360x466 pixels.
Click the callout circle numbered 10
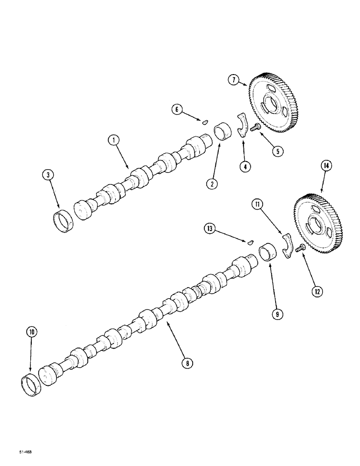[x=31, y=333]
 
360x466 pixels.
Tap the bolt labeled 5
[x=255, y=127]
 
